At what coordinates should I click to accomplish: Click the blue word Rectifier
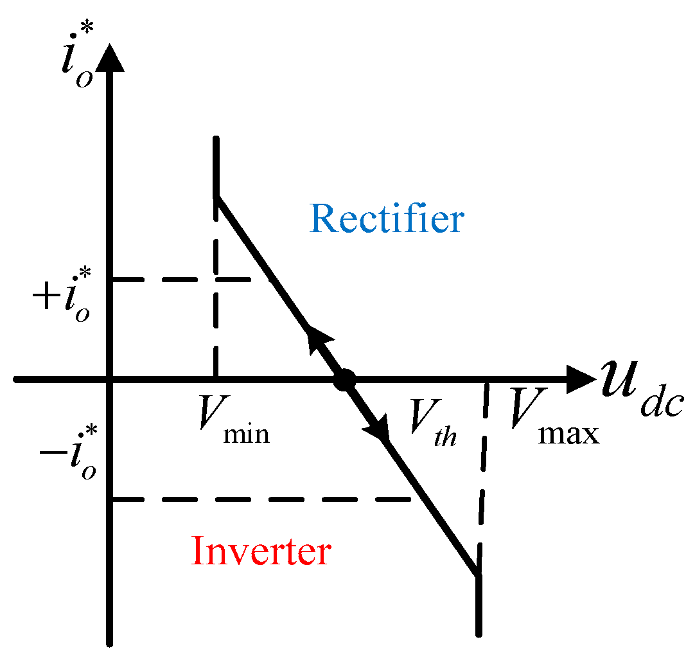tap(387, 220)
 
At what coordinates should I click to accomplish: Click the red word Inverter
tap(261, 551)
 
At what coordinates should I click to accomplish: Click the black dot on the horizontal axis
tap(345, 380)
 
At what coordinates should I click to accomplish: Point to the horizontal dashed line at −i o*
tap(257, 499)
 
